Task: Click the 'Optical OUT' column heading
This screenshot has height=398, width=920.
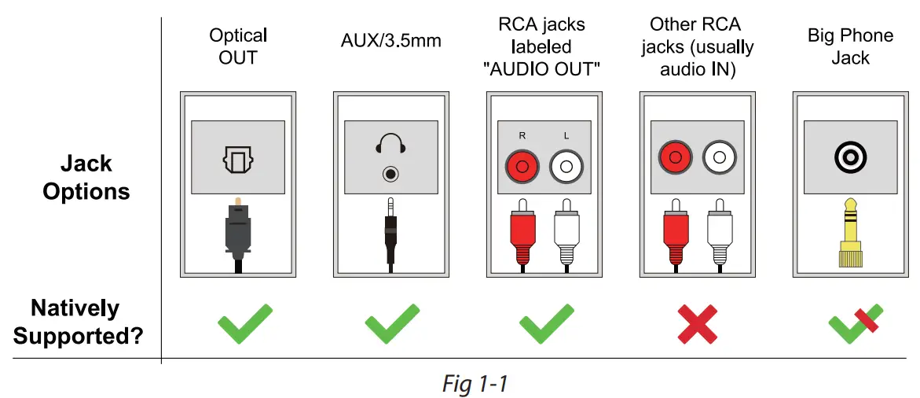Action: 238,46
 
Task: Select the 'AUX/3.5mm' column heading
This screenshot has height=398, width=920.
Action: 390,41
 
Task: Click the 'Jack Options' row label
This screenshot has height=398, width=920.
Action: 86,178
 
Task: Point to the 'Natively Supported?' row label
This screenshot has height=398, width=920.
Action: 78,322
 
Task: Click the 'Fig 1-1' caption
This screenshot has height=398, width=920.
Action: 475,383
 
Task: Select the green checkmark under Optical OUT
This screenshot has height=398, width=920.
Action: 244,322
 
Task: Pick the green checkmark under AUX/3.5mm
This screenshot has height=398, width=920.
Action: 391,322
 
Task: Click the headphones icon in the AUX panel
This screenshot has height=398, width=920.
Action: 390,144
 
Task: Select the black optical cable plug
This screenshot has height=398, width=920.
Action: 237,228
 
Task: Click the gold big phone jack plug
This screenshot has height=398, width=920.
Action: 848,231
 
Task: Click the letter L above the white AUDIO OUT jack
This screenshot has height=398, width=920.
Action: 566,135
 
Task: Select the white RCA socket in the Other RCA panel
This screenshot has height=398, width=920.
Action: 718,157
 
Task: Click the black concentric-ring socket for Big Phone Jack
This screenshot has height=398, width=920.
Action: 849,158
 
